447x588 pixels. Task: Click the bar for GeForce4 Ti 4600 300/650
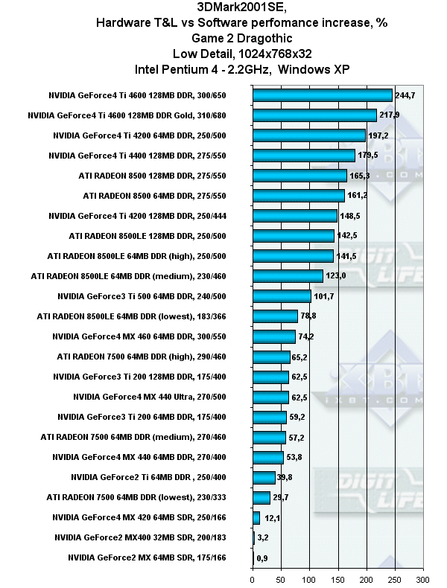click(322, 95)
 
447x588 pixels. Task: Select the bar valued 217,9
click(314, 115)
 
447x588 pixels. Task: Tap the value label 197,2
click(379, 135)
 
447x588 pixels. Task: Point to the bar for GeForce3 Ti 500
click(282, 296)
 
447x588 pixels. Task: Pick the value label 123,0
click(336, 276)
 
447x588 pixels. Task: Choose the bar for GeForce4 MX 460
click(273, 336)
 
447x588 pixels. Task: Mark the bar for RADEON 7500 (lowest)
click(261, 497)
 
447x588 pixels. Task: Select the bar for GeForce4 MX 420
click(256, 517)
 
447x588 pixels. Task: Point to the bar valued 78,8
click(275, 316)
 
